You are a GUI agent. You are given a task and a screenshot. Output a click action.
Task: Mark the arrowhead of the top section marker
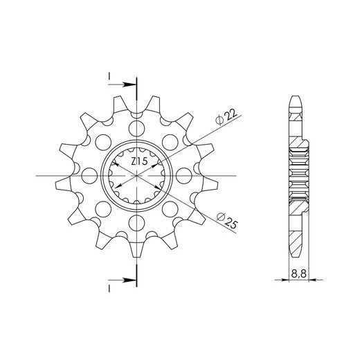[131, 84]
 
